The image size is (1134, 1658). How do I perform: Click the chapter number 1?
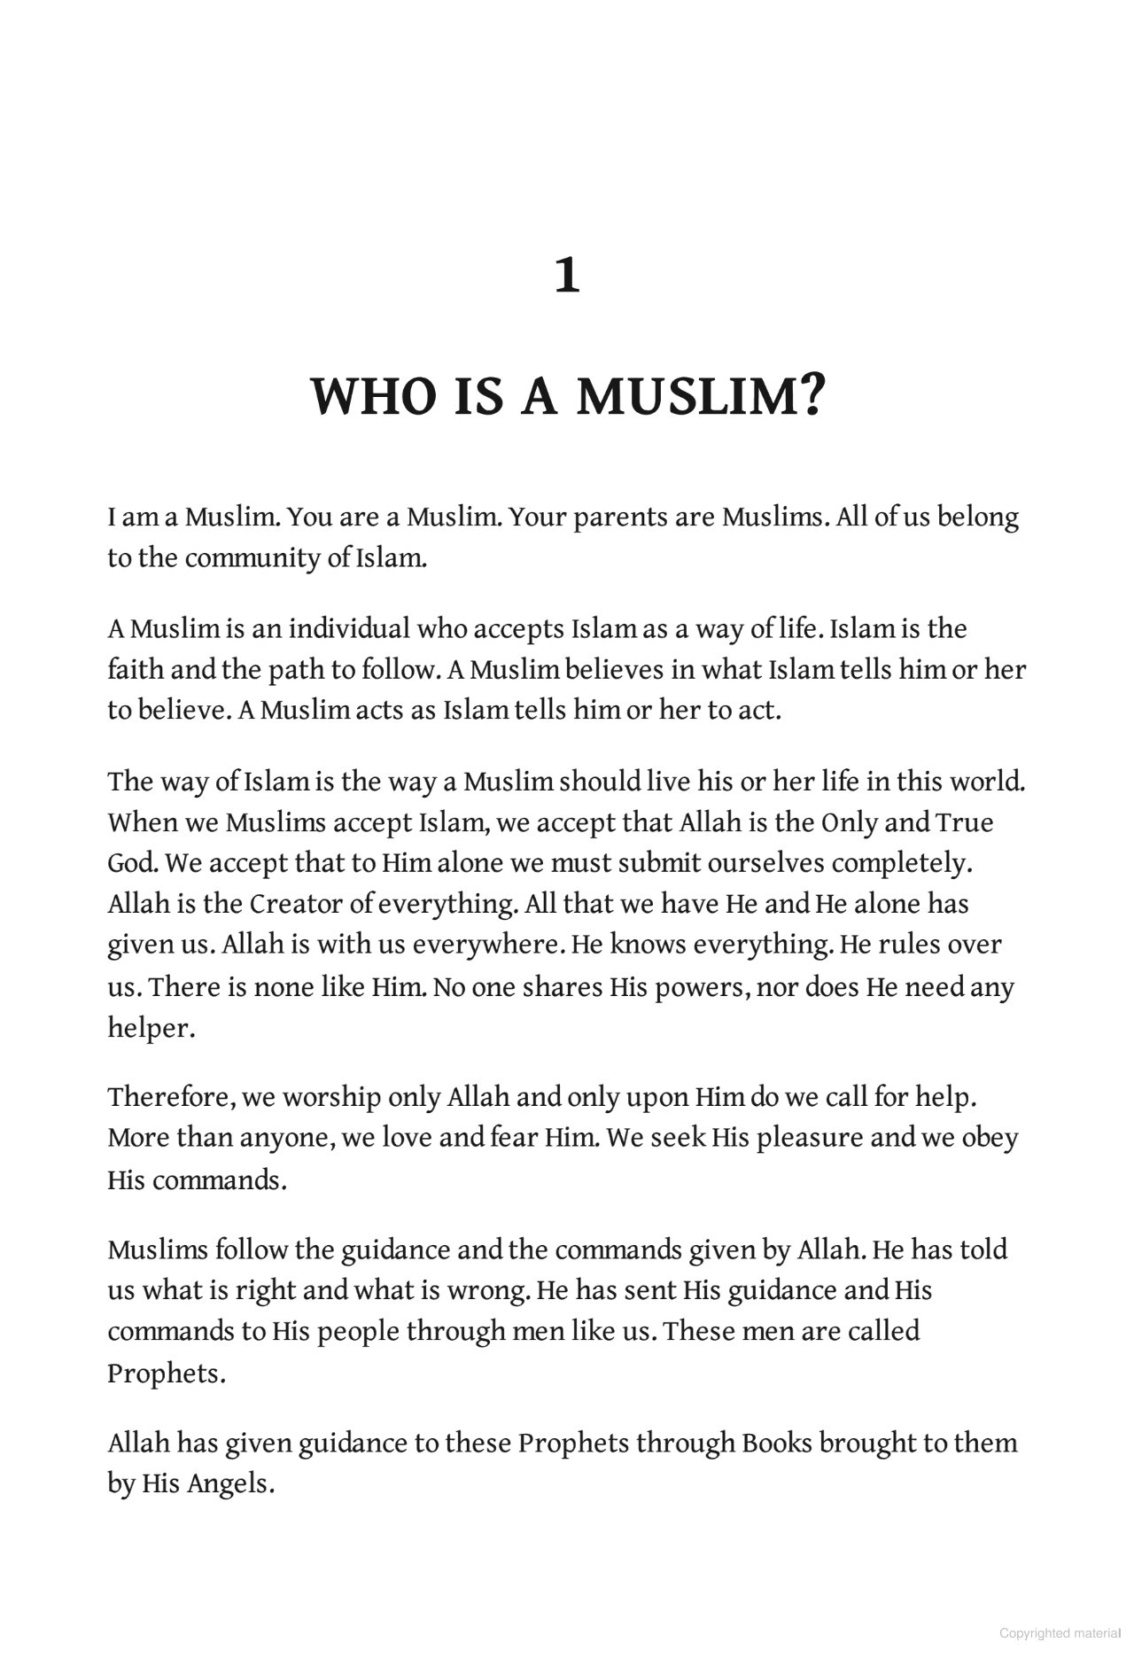[567, 276]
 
